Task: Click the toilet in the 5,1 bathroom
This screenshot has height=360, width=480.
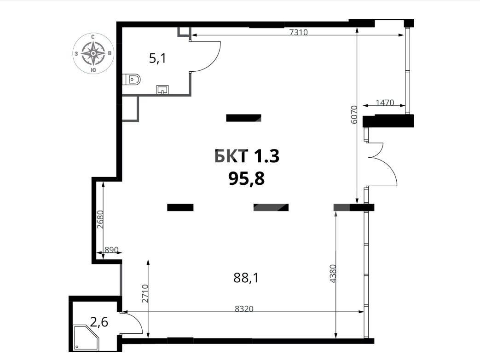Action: coord(131,80)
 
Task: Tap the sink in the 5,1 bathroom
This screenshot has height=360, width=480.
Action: coord(162,90)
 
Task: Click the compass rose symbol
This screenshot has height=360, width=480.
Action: coord(93,53)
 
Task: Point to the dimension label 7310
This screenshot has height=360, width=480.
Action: coord(298,32)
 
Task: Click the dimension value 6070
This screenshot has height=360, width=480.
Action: coord(353,114)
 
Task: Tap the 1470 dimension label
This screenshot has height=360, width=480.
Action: coord(385,103)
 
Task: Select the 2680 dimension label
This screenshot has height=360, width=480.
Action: coord(100,219)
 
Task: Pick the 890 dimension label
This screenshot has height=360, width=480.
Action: coord(111,250)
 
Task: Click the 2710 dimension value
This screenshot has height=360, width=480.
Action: coord(145,294)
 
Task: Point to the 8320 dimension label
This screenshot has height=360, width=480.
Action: coord(244,309)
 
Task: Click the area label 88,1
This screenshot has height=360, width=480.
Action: coord(246,278)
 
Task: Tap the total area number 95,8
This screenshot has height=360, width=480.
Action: coord(246,179)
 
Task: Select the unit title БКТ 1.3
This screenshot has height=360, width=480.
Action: coord(247,156)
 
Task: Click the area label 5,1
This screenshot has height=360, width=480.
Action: coord(157,58)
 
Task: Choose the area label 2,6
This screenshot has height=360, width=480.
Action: coord(99,322)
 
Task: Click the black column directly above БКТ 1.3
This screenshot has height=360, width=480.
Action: coord(243,118)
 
